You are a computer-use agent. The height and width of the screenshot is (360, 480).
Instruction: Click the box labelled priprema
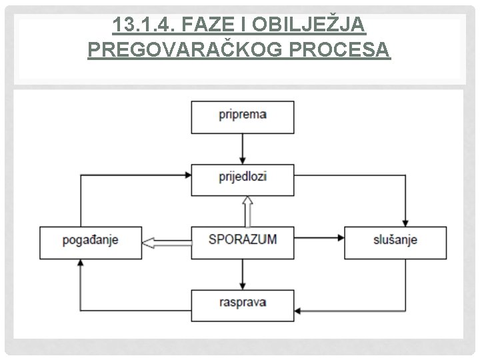click(243, 117)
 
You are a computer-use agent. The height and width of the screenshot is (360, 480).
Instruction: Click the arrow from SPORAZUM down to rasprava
click(243, 274)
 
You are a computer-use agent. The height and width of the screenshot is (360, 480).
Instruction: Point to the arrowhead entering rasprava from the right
click(299, 310)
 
